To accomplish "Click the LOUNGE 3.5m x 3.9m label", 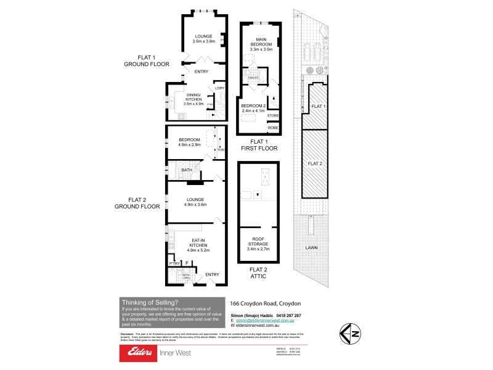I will [203, 38].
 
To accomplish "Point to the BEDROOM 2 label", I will [253, 107].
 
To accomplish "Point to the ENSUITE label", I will [253, 78].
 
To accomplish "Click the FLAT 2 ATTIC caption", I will [258, 273].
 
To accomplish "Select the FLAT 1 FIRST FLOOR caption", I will [259, 145].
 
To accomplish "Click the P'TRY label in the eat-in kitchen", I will [174, 263].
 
